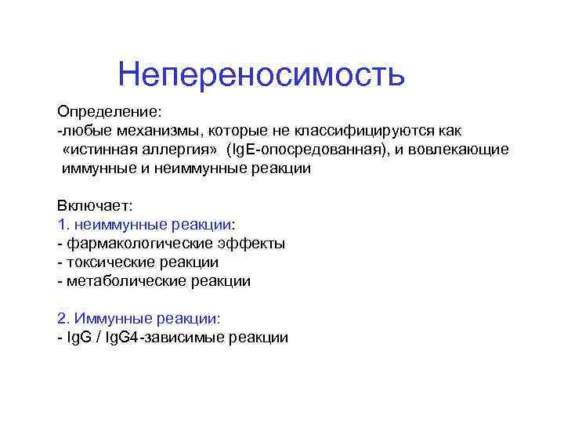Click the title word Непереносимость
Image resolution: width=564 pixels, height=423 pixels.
click(261, 75)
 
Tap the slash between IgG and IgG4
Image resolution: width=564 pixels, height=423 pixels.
click(96, 338)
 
